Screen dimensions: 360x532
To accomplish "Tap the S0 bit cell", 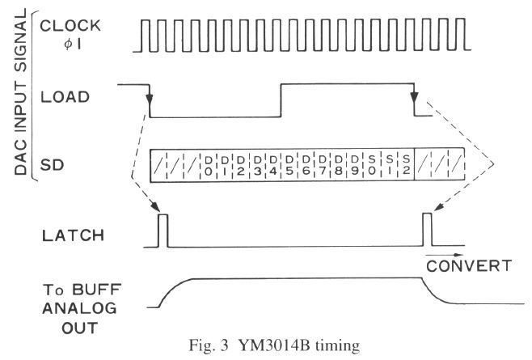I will (x=372, y=165).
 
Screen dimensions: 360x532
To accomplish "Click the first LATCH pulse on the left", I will (x=163, y=231).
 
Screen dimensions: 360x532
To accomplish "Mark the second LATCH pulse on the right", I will (x=429, y=231).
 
